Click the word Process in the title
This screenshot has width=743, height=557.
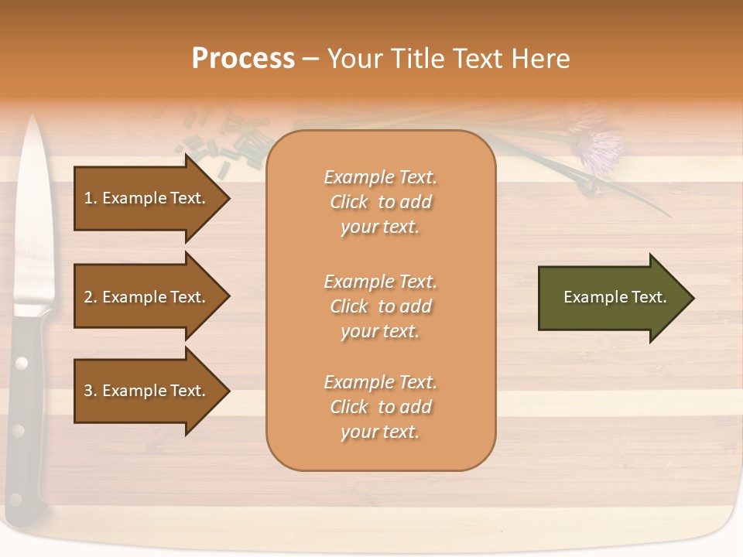243,59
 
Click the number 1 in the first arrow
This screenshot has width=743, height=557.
88,198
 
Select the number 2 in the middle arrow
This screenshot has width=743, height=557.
88,297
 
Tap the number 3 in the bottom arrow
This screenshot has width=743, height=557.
88,391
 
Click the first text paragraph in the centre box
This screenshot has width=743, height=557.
380,202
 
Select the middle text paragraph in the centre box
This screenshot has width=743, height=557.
380,306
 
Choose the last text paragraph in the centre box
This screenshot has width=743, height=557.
380,407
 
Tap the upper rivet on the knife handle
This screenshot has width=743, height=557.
22,362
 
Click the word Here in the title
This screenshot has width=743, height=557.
542,59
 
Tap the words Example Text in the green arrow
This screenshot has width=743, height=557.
615,297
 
